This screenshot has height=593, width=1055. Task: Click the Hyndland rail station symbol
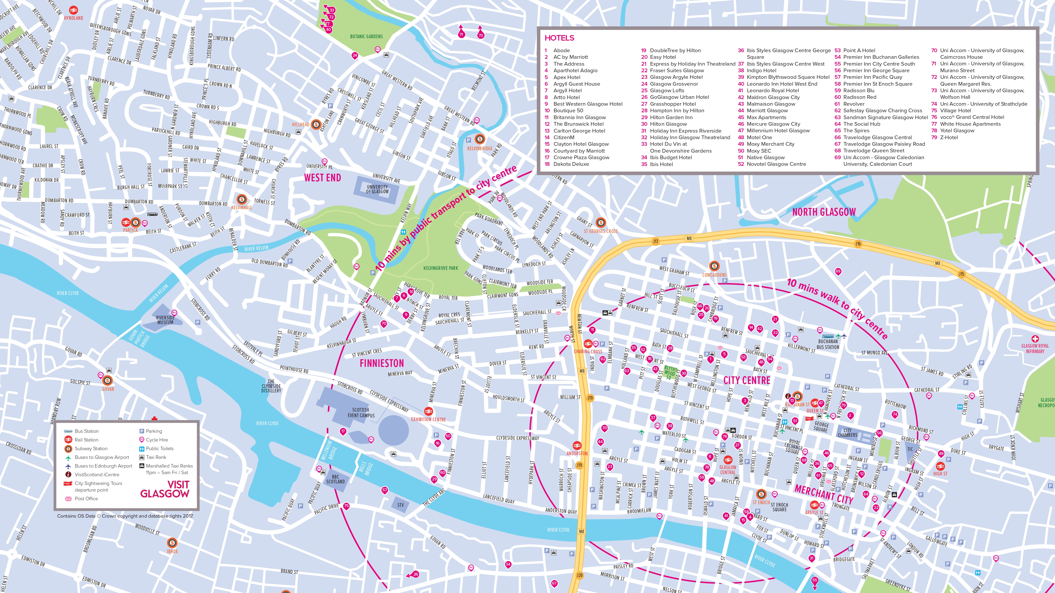[73, 10]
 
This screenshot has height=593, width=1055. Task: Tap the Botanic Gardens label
[366, 36]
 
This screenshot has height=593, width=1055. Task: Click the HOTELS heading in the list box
[559, 38]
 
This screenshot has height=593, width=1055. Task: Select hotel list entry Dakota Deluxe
[571, 164]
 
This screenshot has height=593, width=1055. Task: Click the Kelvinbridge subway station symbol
[479, 139]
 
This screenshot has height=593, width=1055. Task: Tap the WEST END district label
[322, 178]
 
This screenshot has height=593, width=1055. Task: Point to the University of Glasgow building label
[377, 189]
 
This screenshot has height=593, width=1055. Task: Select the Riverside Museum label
[165, 320]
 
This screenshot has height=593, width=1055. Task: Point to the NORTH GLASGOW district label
[824, 212]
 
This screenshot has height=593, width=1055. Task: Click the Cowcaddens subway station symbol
[714, 266]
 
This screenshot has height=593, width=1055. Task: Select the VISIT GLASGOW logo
[165, 489]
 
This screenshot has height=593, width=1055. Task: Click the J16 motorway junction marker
[858, 244]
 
